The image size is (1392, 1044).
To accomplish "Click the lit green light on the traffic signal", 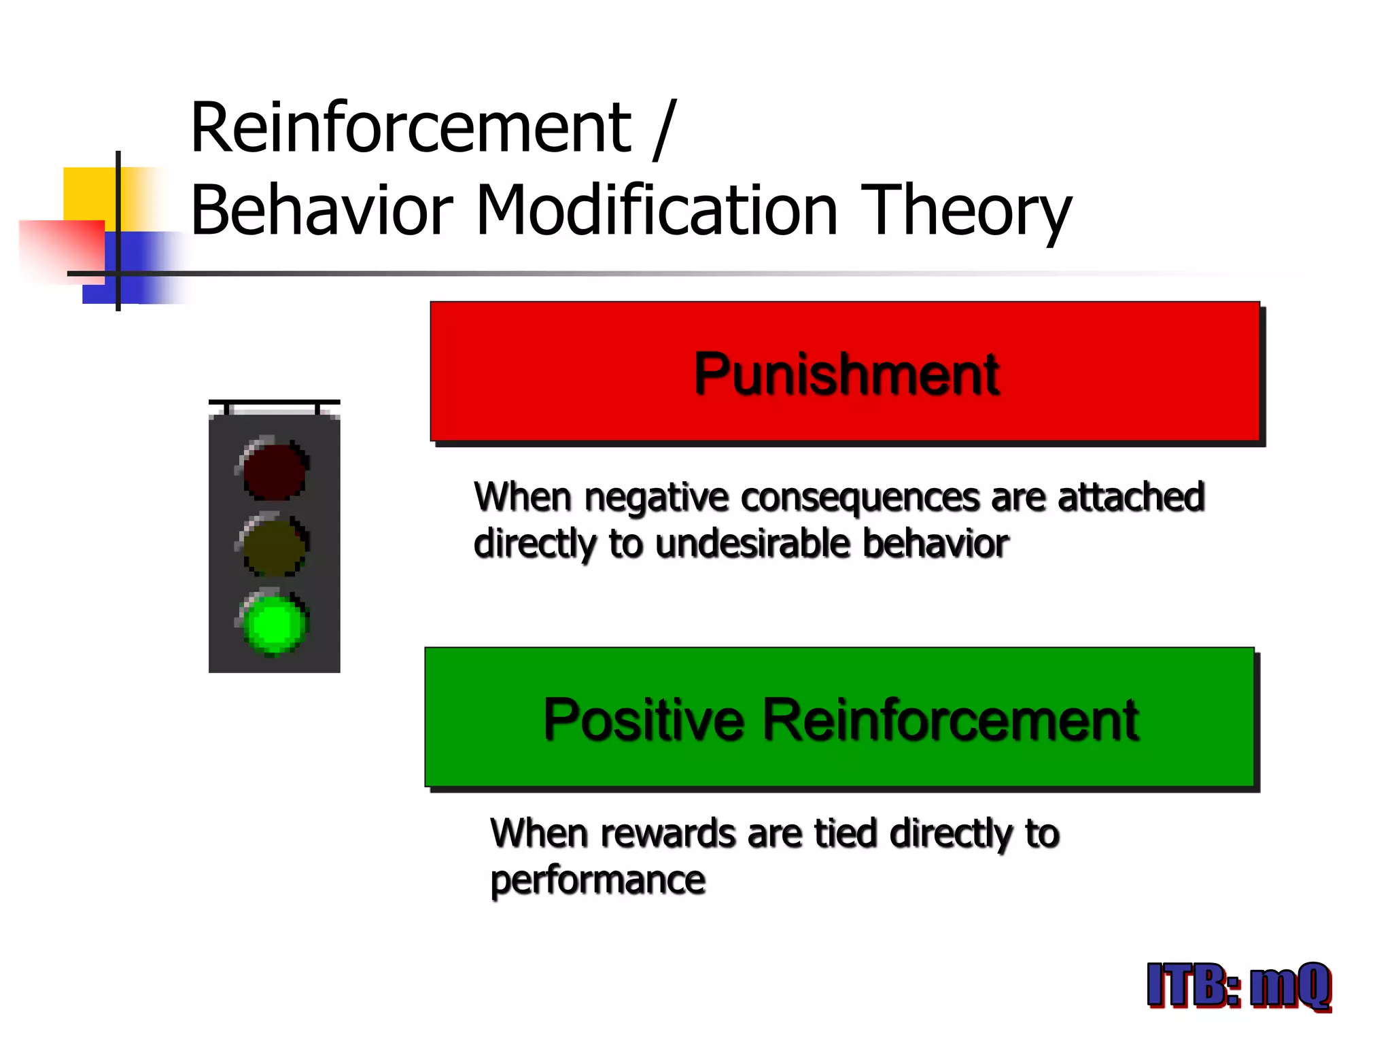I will (275, 624).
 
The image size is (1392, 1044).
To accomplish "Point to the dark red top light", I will (275, 470).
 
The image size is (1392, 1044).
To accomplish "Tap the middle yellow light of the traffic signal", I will (275, 546).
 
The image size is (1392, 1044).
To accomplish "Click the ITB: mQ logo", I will (1238, 985).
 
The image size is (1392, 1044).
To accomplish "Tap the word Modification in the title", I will (657, 211).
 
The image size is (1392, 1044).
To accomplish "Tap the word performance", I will (597, 880).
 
